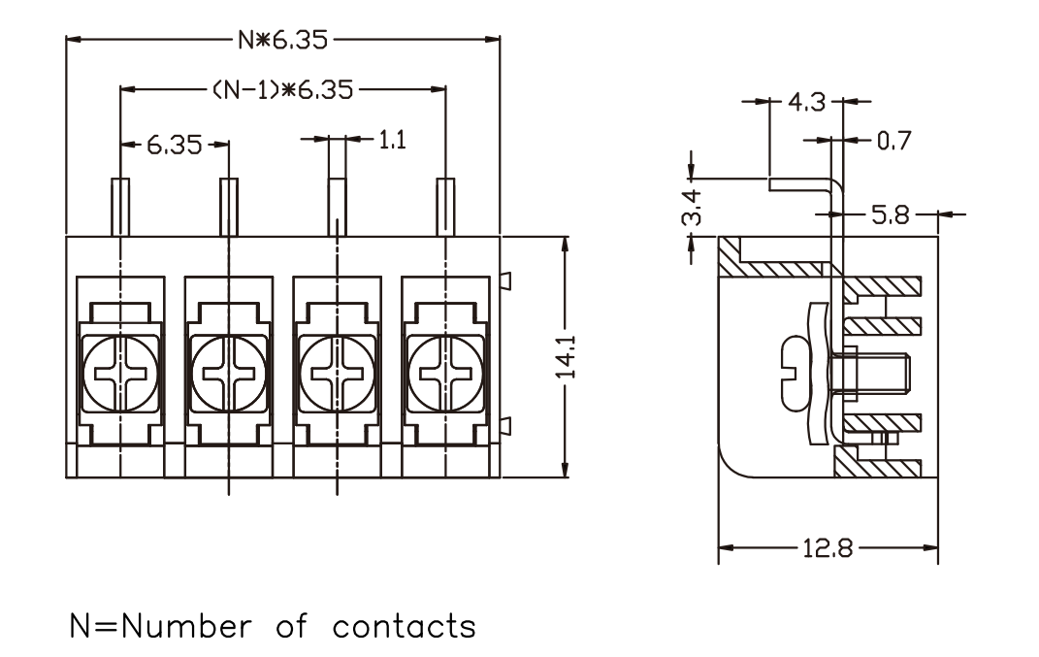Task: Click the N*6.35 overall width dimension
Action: (283, 40)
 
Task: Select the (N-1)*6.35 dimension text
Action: (283, 89)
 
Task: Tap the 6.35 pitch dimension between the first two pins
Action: (175, 145)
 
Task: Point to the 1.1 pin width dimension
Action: (392, 140)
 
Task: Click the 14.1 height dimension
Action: (566, 357)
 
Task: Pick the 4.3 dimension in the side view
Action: (806, 102)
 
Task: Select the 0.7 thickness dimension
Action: (893, 141)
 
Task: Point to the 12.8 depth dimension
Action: (828, 549)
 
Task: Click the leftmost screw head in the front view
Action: (120, 374)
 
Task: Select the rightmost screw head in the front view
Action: (446, 374)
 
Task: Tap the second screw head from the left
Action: (229, 374)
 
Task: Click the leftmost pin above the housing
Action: (120, 207)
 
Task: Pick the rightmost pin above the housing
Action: (445, 207)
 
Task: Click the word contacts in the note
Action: (405, 627)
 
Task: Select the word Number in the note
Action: (186, 627)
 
